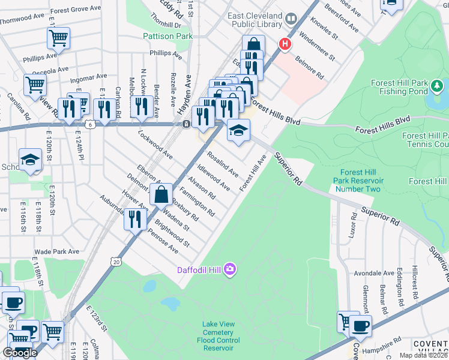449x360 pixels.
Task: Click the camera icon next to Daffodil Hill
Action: click(229, 270)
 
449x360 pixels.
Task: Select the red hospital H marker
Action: click(285, 44)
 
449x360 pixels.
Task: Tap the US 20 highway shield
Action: click(115, 261)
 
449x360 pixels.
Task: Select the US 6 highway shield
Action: click(89, 124)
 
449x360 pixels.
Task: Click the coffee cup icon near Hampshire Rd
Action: click(360, 326)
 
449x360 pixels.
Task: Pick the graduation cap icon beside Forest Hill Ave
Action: click(238, 131)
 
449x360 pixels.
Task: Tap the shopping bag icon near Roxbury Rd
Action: click(161, 194)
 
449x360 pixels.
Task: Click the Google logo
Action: click(20, 353)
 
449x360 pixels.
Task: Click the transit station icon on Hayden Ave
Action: click(187, 124)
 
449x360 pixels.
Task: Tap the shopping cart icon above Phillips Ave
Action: click(59, 38)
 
